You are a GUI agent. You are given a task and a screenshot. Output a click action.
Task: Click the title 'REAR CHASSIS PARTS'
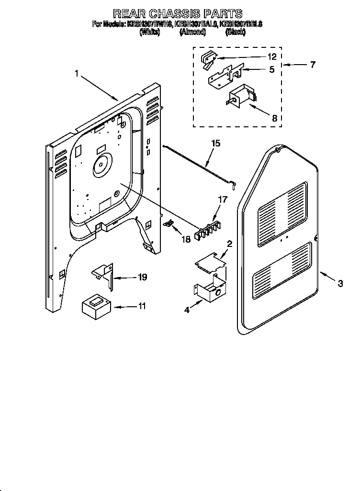click(x=178, y=13)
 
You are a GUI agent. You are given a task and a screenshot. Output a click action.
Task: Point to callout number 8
click(x=274, y=118)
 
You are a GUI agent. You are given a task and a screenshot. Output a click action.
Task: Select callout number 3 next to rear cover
click(x=340, y=283)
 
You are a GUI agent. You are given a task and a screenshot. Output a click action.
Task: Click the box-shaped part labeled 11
click(x=96, y=306)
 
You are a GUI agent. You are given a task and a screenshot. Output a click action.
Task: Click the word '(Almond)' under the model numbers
click(x=193, y=32)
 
